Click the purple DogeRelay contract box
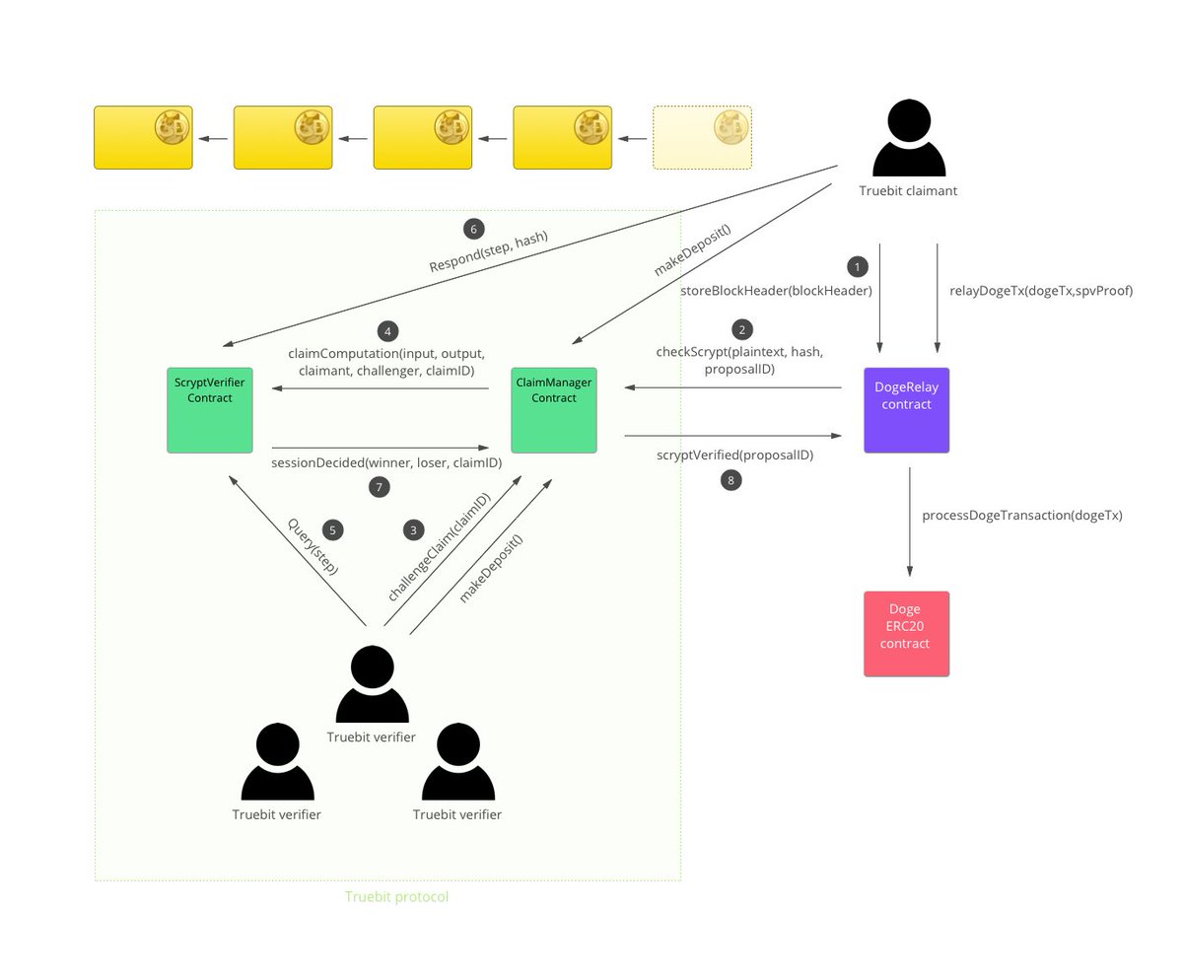(906, 410)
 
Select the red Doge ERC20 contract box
(906, 634)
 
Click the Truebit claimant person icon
(908, 139)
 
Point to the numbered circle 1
(857, 267)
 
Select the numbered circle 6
(473, 229)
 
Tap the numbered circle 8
(730, 480)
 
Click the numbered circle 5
(332, 530)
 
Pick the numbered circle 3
(413, 530)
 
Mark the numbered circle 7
(379, 487)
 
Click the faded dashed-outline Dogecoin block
(702, 138)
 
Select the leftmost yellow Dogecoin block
(143, 138)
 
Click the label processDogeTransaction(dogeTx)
(1021, 515)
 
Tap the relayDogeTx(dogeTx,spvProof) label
(1040, 291)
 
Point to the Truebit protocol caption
(396, 896)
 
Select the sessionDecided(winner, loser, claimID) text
(386, 462)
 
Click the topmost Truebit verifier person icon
(372, 685)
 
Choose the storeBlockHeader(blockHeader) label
(776, 291)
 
